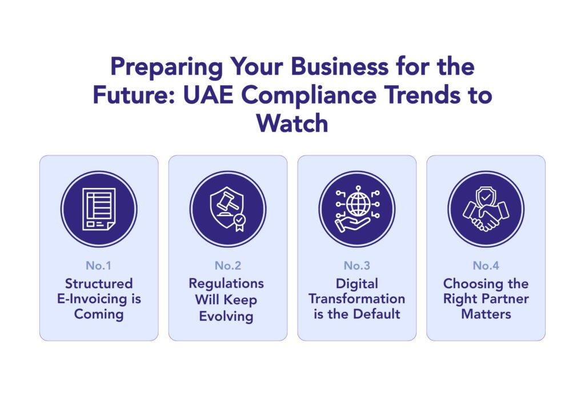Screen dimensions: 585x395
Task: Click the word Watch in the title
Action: click(292, 123)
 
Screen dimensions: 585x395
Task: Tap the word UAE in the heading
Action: click(208, 95)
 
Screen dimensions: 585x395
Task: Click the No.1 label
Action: click(98, 265)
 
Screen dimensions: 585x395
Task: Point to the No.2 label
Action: click(228, 265)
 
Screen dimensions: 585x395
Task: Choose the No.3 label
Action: click(357, 265)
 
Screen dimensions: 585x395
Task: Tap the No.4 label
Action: click(486, 265)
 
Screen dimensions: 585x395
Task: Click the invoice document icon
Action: click(99, 209)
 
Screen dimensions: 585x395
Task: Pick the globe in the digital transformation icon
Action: click(358, 205)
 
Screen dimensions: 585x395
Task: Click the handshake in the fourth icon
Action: click(486, 216)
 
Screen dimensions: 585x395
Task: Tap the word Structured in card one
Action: click(99, 284)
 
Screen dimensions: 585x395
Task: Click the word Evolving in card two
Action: click(226, 316)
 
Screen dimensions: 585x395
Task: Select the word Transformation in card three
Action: click(356, 298)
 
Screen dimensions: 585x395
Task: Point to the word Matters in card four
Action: click(486, 314)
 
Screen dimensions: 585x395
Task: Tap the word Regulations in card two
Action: click(226, 284)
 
